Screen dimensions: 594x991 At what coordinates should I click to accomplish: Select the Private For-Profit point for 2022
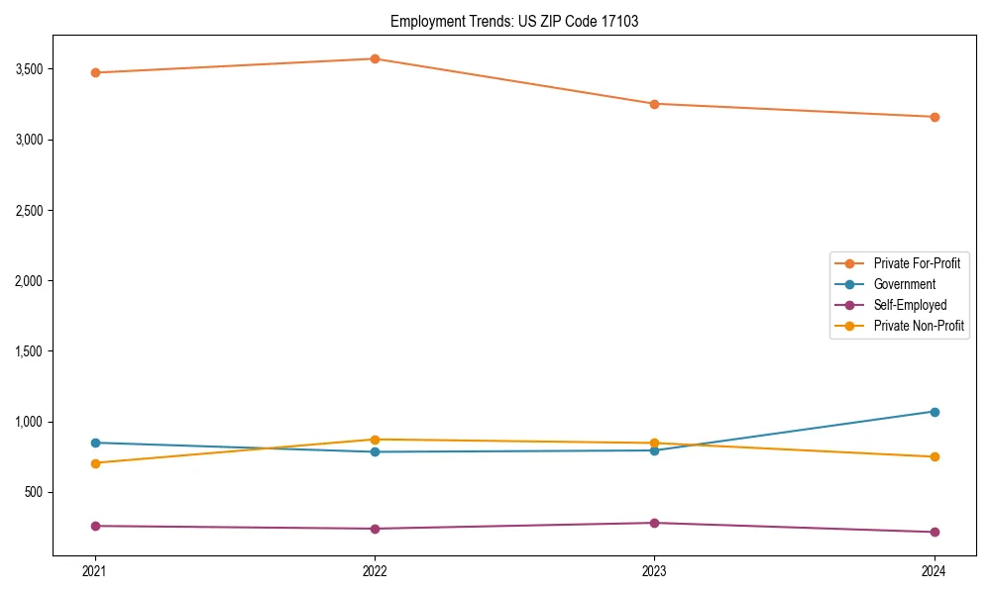(375, 58)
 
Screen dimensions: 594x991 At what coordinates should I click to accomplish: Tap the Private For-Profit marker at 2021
(95, 72)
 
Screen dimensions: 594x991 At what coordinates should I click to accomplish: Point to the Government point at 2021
(95, 443)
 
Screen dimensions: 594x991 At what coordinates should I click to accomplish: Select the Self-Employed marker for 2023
(654, 523)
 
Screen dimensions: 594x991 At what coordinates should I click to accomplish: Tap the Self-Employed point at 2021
(95, 526)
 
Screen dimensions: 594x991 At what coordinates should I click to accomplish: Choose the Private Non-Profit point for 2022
(375, 440)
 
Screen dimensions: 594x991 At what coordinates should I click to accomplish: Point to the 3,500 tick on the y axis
(29, 69)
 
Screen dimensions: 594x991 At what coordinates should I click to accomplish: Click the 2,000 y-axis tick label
(29, 281)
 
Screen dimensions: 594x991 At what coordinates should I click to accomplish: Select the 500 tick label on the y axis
(34, 492)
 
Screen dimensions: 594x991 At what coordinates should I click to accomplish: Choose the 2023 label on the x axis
(654, 571)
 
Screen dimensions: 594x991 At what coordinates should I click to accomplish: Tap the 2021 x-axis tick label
(95, 571)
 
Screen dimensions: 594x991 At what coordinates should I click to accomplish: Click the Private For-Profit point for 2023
(654, 104)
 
